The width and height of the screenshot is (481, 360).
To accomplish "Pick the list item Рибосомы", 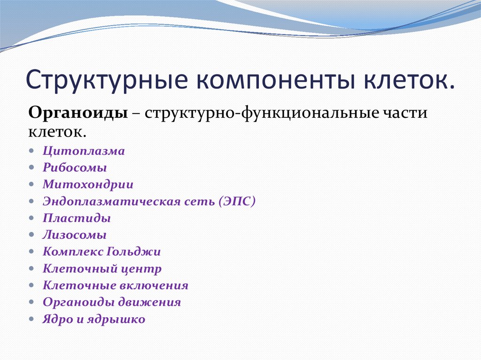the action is coord(75,168).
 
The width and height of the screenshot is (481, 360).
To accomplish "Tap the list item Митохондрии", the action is coord(88,184).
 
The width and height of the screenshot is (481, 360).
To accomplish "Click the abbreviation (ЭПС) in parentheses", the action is coord(237,201).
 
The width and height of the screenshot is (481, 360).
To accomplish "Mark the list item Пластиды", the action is coord(77,218).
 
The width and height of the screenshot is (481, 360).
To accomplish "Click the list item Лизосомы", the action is coord(75,235).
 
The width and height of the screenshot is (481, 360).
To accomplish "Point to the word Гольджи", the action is coord(133,252).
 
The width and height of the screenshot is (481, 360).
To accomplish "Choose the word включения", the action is coord(154,285).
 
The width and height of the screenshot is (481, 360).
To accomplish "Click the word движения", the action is coord(150,302).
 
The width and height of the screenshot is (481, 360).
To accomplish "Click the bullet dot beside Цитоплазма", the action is coord(31,151).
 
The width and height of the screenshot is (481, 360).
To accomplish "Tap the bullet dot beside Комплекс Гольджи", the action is coord(31,252).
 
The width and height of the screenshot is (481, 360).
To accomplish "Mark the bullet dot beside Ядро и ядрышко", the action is coord(31,319).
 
